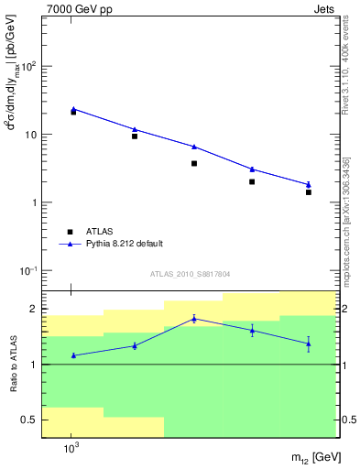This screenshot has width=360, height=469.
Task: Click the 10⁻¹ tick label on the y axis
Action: click(x=29, y=271)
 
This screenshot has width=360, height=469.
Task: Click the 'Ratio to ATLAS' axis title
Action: click(x=15, y=365)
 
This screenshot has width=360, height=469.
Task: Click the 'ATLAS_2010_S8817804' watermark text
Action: click(x=190, y=274)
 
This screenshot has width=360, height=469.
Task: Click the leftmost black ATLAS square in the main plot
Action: click(x=73, y=112)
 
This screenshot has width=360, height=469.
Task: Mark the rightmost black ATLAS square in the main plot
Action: click(x=309, y=192)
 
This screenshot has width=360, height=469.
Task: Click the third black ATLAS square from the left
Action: click(x=194, y=163)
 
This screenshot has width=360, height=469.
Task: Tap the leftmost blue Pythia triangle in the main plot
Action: click(x=73, y=109)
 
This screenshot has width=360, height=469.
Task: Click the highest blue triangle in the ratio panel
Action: click(x=194, y=319)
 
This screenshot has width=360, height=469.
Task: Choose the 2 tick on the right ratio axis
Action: click(x=342, y=309)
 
